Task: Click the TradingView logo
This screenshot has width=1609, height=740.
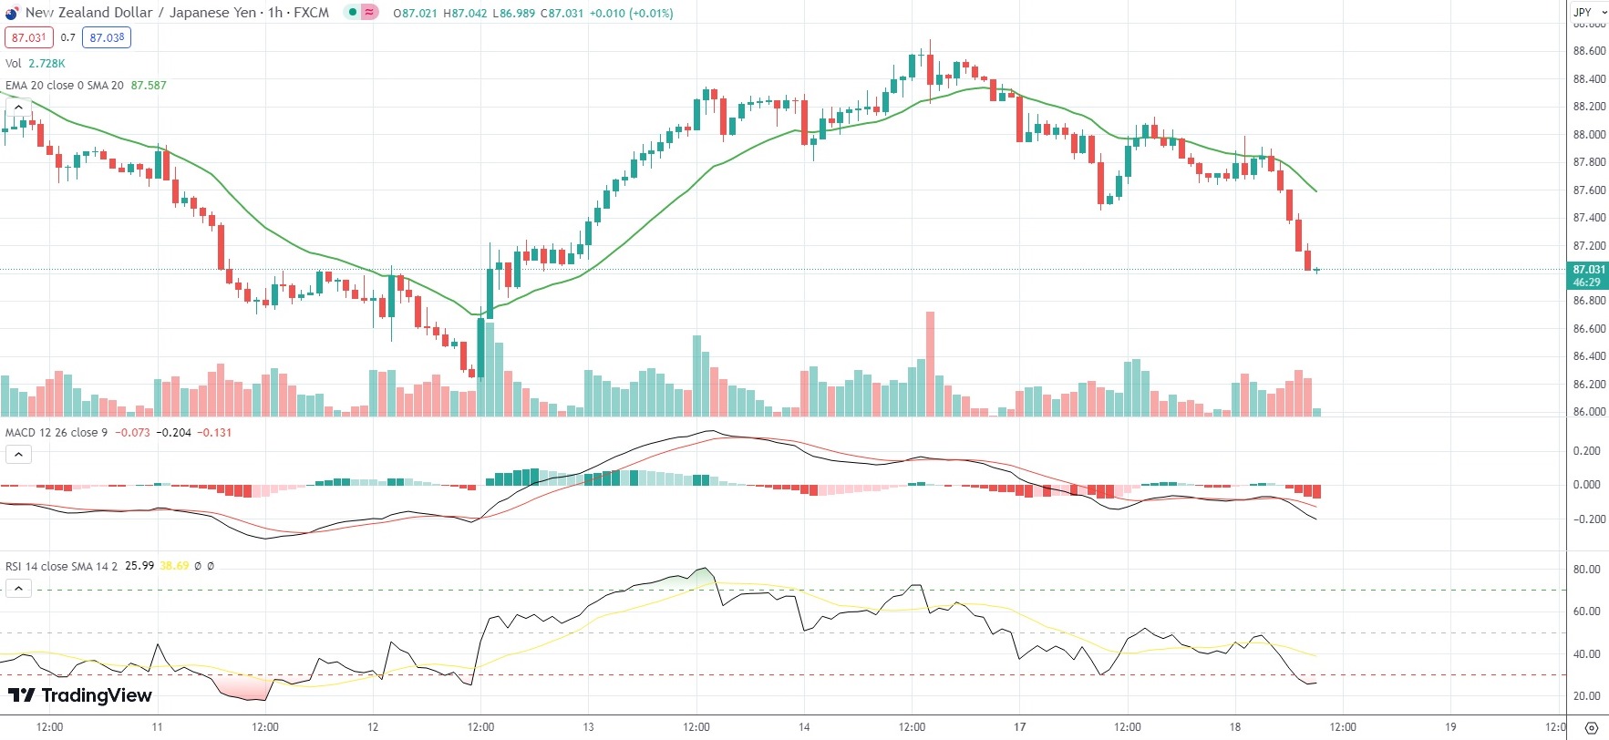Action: click(79, 695)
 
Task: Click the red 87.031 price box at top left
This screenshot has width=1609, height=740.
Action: click(28, 37)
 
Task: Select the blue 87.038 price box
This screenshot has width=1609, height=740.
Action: click(107, 37)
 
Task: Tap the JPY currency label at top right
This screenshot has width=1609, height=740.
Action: click(1583, 12)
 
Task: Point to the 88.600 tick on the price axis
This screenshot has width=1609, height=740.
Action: click(1589, 51)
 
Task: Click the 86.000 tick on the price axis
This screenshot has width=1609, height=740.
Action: click(1589, 412)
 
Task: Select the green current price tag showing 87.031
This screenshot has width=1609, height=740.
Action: click(1589, 274)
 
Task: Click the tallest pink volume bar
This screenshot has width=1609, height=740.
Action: click(930, 364)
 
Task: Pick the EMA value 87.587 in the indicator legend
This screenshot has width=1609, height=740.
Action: click(149, 86)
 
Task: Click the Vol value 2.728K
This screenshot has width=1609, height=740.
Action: click(46, 64)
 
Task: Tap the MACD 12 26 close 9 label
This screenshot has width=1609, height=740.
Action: click(57, 433)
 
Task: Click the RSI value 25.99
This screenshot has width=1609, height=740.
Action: click(139, 566)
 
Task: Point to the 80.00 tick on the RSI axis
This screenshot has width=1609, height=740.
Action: click(1587, 570)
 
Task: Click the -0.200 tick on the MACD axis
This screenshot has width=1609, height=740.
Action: click(1586, 519)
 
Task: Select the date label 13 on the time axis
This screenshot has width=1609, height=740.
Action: click(589, 727)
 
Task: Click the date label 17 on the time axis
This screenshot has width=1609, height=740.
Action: click(1019, 727)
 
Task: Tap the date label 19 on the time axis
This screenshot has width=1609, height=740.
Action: click(1450, 727)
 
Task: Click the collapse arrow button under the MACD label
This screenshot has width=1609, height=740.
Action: click(18, 454)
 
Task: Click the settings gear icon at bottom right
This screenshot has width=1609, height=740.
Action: click(1592, 728)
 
